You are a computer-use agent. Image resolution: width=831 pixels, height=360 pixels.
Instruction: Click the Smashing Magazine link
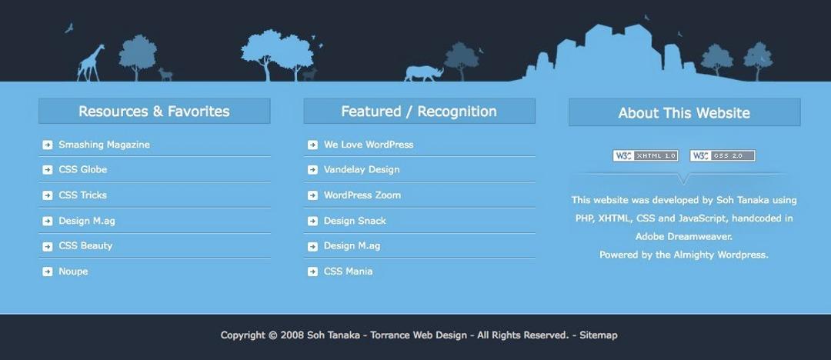pos(104,145)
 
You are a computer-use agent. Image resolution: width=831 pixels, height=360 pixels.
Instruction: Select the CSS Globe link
pos(82,169)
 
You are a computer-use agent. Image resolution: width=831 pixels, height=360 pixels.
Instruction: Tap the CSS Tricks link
pos(82,195)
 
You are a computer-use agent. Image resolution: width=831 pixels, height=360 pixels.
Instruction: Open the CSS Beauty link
pos(85,246)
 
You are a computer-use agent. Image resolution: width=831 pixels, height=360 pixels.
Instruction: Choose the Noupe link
pos(73,272)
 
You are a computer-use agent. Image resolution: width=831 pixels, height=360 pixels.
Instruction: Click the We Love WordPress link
pos(368,145)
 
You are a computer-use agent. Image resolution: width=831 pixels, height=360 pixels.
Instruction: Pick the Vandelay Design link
pos(362,169)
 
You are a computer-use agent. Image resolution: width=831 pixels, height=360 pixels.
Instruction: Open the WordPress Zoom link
pos(362,195)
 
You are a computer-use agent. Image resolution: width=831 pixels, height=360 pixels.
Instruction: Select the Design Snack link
pos(355,221)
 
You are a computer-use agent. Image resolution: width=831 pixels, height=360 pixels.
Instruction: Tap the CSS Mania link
pos(348,272)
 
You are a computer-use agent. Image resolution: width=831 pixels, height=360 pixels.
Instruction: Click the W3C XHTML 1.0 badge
pos(646,155)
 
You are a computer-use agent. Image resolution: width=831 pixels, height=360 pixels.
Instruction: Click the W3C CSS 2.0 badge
pos(723,155)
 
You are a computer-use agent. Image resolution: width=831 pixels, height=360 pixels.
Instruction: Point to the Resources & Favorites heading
pos(154,112)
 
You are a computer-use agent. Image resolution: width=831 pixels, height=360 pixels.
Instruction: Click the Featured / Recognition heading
pos(419,112)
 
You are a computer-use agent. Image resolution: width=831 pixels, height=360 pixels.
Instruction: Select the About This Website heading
pos(684,113)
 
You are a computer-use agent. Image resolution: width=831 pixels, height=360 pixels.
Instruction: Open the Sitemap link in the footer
pos(598,335)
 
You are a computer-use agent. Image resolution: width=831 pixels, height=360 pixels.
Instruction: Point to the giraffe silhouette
pos(92,63)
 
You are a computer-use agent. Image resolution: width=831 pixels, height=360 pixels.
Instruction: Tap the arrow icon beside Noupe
pos(48,272)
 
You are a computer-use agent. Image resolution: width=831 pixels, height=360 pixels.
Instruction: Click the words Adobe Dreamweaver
pos(684,237)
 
